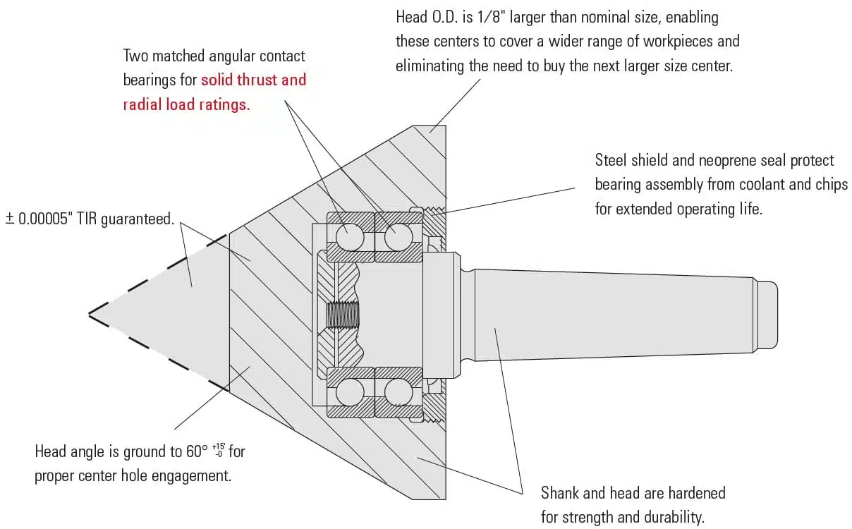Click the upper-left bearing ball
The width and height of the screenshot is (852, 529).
pyautogui.click(x=350, y=236)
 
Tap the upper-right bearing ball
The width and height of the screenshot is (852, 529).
pyautogui.click(x=398, y=236)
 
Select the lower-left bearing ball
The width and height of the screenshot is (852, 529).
pyautogui.click(x=350, y=392)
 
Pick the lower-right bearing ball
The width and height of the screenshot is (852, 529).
pyautogui.click(x=398, y=392)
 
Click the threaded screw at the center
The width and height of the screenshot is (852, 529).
pyautogui.click(x=343, y=315)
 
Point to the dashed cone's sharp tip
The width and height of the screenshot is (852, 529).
pyautogui.click(x=90, y=313)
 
